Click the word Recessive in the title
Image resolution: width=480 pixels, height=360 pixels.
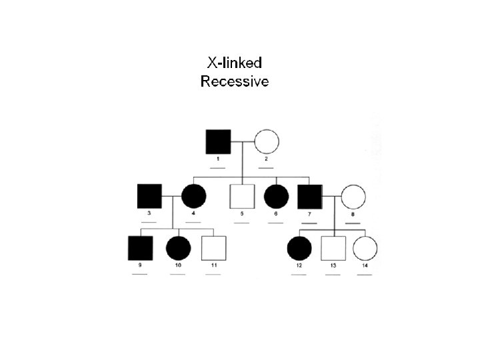[235, 83]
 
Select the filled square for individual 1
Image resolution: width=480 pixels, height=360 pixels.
[218, 141]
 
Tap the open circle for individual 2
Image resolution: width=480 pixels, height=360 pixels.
[266, 141]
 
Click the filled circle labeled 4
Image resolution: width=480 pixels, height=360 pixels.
[193, 196]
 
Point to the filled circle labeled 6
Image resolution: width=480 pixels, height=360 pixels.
[276, 196]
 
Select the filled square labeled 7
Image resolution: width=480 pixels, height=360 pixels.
[310, 196]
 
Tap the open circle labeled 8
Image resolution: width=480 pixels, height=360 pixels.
[353, 196]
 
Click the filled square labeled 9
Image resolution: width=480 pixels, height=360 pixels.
[140, 248]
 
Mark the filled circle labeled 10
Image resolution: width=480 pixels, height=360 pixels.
[178, 248]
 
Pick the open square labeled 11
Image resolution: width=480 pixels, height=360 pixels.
[213, 248]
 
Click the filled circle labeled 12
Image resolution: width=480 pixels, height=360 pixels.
[299, 248]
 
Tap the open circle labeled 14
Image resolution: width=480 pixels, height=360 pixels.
[365, 248]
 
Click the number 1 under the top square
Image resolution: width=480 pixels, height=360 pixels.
[218, 159]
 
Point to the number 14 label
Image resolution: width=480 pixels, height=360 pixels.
[365, 266]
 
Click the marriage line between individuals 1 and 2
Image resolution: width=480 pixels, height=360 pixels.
[242, 141]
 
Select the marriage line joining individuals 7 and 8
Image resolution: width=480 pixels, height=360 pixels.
[332, 196]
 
